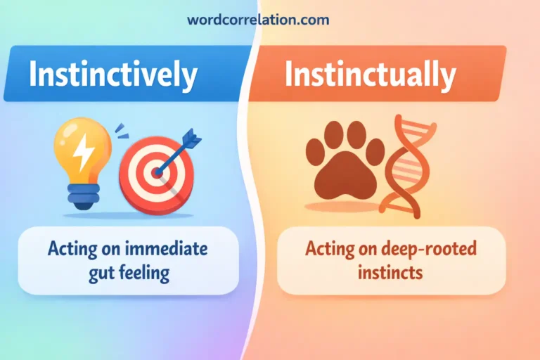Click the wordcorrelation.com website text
(x=258, y=20)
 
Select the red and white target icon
(x=155, y=173)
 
